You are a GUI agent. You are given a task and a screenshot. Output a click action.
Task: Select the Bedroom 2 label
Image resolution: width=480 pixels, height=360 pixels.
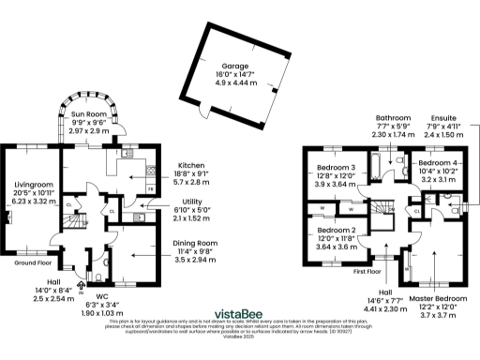tap(335, 230)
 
